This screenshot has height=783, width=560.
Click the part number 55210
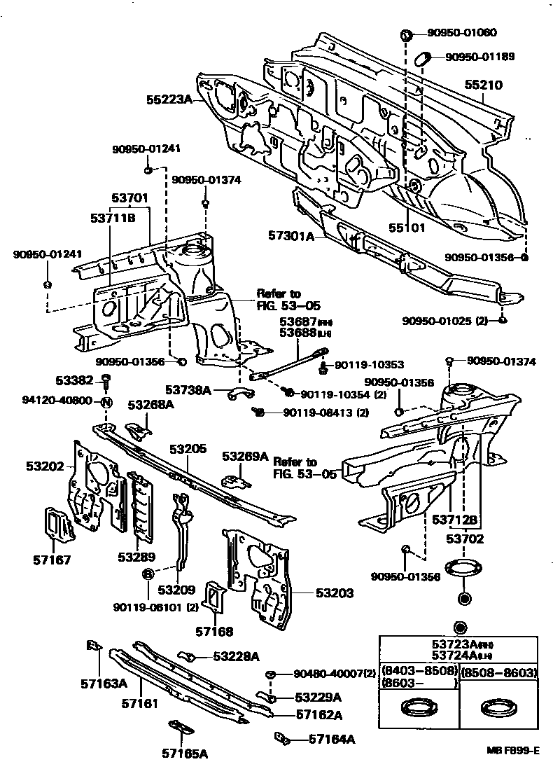point(484,85)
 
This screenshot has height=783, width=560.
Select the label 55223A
point(169,99)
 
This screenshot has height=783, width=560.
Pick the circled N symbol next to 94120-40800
point(106,402)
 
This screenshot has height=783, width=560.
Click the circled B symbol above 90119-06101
point(148,574)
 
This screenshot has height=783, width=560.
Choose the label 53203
point(334,593)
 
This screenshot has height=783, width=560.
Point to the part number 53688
point(297,333)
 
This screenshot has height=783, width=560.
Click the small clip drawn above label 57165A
point(180,727)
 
